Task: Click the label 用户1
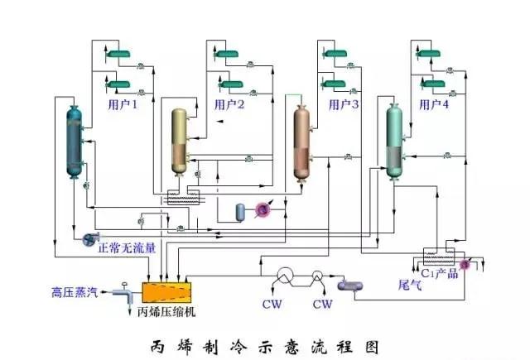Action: (x=123, y=105)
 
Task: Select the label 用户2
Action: (x=229, y=105)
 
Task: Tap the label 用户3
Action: (x=344, y=105)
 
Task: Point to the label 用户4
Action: (x=433, y=105)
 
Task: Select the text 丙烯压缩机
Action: (x=168, y=313)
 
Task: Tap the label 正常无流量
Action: (x=126, y=246)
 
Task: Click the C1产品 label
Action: (x=439, y=274)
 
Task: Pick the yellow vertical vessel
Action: (x=180, y=141)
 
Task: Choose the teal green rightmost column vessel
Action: (x=396, y=141)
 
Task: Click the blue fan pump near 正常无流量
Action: (x=87, y=240)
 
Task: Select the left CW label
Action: (x=272, y=305)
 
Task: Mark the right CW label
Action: (x=321, y=305)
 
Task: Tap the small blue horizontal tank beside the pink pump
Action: (x=241, y=212)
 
